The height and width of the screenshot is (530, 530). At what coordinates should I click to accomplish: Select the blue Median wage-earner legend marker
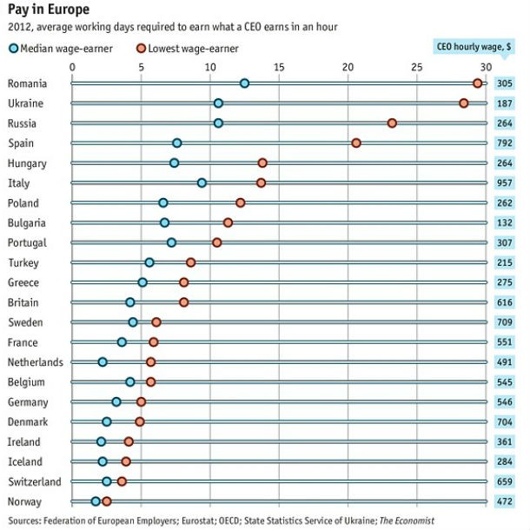12,49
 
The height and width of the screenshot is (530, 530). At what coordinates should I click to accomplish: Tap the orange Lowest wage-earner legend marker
142,49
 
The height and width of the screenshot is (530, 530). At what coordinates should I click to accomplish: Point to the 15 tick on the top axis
279,66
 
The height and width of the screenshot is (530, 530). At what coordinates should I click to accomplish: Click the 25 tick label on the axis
417,66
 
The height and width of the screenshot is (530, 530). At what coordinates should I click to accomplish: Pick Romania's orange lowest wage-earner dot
478,83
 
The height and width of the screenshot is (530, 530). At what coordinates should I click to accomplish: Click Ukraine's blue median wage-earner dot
218,103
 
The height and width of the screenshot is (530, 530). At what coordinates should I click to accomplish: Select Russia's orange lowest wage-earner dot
392,123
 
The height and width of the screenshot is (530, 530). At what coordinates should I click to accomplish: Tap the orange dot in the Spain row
355,142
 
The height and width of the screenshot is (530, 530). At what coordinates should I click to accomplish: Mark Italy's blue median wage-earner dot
202,182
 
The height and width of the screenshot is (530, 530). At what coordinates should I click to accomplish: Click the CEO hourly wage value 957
505,182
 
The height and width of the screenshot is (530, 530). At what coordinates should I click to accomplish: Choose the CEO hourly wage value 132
505,222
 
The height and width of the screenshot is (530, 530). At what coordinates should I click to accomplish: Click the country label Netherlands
34,361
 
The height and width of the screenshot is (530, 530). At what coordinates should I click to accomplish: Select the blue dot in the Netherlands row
103,361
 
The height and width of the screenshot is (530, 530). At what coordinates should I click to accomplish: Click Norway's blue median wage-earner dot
96,501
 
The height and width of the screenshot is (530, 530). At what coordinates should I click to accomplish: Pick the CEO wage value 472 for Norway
505,501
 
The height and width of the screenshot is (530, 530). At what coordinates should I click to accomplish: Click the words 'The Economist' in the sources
405,520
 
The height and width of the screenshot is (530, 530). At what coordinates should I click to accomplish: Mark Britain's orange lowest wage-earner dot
183,302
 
